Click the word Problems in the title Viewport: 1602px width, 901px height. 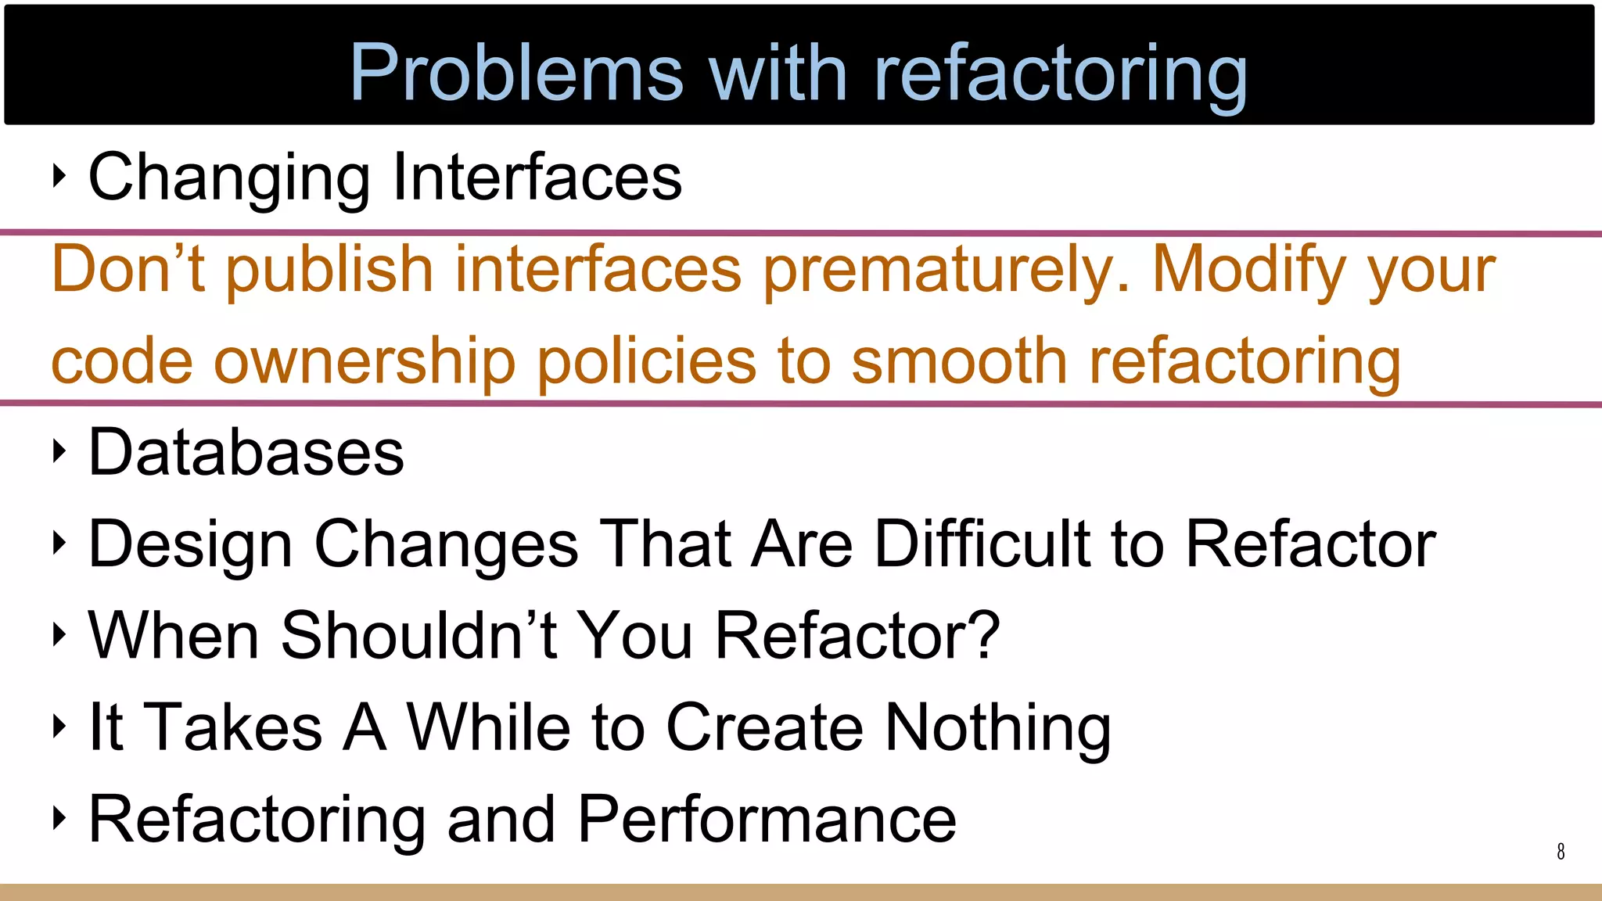pyautogui.click(x=516, y=72)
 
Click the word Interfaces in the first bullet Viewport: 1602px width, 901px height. pyautogui.click(x=537, y=178)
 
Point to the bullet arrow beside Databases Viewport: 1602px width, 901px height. pyautogui.click(x=59, y=451)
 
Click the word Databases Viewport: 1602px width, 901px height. pyautogui.click(x=246, y=453)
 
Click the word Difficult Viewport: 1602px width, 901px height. pyautogui.click(x=982, y=544)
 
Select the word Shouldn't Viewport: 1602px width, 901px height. pyautogui.click(x=418, y=635)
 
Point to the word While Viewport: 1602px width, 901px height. pyautogui.click(x=489, y=727)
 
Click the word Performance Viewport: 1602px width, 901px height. pyautogui.click(x=767, y=820)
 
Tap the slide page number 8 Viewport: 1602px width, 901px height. pyautogui.click(x=1561, y=851)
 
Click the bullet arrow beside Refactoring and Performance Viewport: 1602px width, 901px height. pyautogui.click(x=59, y=818)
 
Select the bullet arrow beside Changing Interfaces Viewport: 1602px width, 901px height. pyautogui.click(x=59, y=176)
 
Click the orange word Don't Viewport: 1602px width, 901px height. pyautogui.click(x=128, y=270)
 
